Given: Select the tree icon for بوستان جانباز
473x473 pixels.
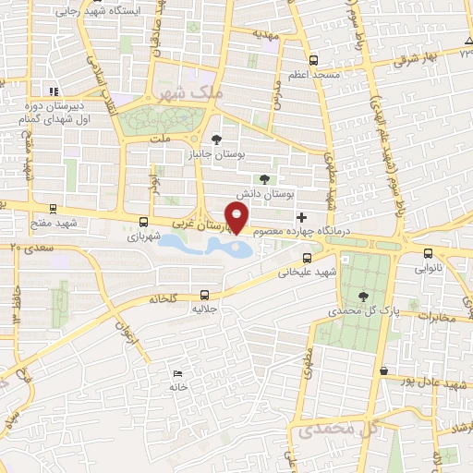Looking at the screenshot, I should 217,139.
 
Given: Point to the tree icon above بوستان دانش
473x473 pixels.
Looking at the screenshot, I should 266,179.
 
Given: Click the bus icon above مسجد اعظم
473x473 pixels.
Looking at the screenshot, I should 313,57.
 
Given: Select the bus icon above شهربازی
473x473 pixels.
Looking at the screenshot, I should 142,222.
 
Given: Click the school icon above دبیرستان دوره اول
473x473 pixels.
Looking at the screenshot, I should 54,91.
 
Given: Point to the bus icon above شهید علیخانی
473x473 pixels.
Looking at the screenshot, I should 307,258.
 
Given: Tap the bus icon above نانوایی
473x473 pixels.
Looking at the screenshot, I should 425,252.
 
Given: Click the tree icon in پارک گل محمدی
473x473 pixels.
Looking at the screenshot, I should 361,296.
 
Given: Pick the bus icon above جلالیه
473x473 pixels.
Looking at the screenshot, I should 204,295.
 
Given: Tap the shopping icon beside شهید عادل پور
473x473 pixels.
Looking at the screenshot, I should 383,370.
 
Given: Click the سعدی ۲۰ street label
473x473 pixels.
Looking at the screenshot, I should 28,247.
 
